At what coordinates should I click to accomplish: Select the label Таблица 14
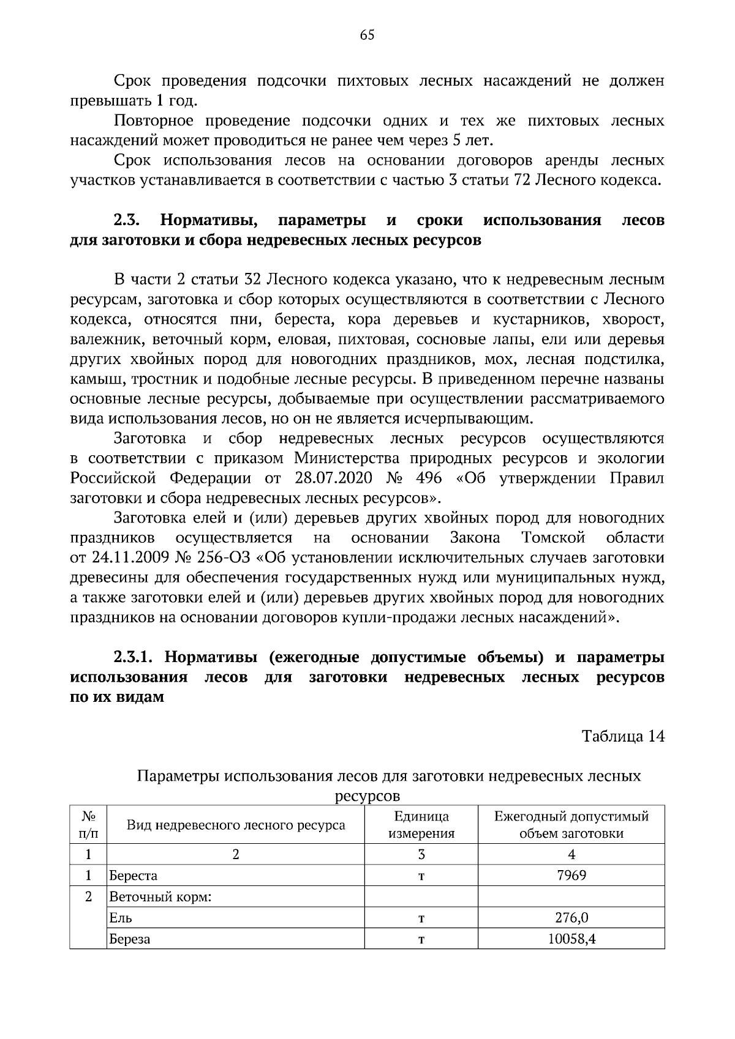pyautogui.click(x=623, y=735)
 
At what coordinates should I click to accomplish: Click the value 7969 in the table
pyautogui.click(x=571, y=875)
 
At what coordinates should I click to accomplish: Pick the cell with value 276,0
pyautogui.click(x=571, y=917)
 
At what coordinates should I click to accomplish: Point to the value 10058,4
pyautogui.click(x=571, y=938)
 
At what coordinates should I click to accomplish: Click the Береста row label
pyautogui.click(x=133, y=876)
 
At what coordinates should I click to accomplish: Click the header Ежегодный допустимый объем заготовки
pyautogui.click(x=571, y=824)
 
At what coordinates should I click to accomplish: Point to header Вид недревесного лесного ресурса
pyautogui.click(x=236, y=825)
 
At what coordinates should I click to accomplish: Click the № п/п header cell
pyautogui.click(x=88, y=824)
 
